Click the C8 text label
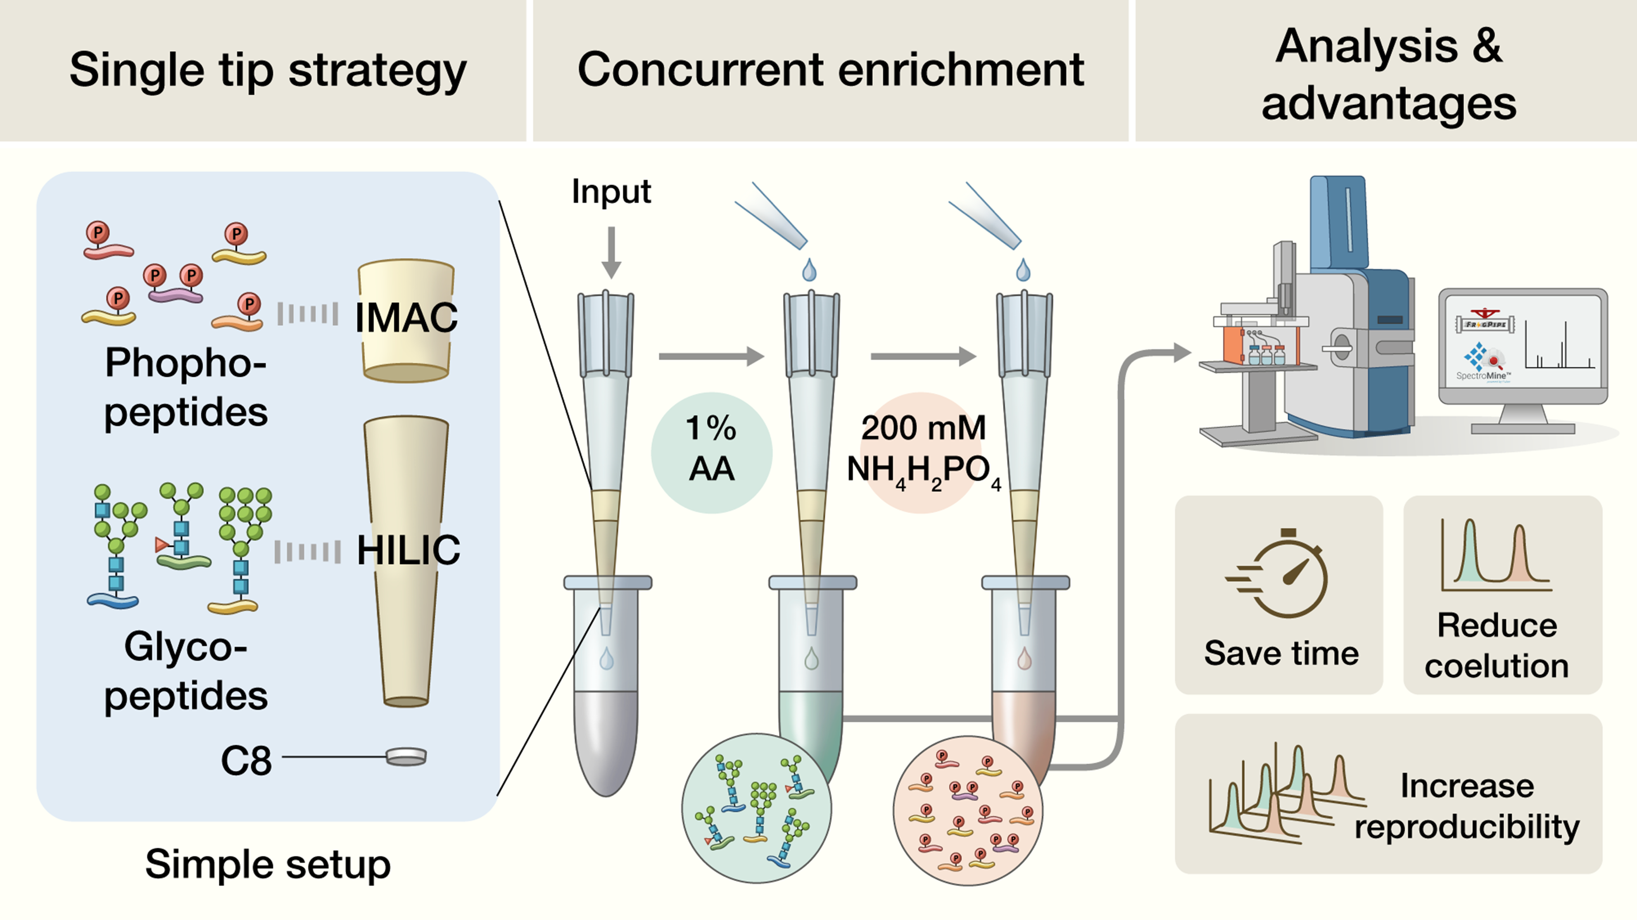[246, 761]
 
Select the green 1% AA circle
[711, 452]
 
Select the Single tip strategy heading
[268, 69]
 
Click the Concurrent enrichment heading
[830, 69]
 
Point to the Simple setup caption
[268, 864]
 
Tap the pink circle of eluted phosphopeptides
[967, 811]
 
